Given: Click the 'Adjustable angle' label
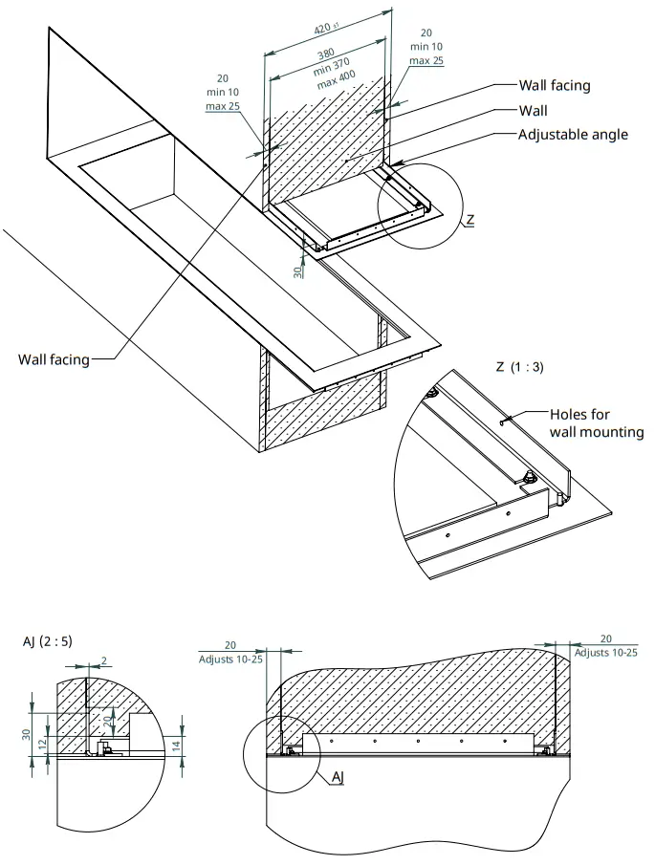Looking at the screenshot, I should coord(573,134).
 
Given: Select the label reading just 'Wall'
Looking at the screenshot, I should coord(533,111).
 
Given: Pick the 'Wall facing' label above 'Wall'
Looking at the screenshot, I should coord(554,85).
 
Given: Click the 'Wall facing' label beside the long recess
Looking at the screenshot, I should coord(54,359).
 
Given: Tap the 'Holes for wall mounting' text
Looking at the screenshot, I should coord(597,423).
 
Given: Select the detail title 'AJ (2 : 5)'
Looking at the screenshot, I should coord(46,641).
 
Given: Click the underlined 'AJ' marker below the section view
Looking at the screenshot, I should coord(337,778).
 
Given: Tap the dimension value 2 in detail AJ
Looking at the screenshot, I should coord(104,660).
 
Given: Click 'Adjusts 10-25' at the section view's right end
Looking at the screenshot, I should coord(605,652).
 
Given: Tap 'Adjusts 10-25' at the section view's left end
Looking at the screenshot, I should coord(230,659).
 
